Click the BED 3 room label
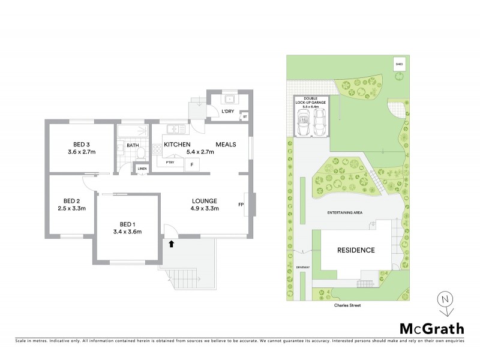[x=82, y=145]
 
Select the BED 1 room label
[x=127, y=223]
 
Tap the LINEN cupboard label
[x=142, y=169]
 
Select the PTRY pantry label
[x=170, y=162]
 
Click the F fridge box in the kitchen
[x=192, y=164]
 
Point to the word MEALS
[x=226, y=145]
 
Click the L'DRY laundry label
[x=227, y=112]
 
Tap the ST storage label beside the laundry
[x=245, y=116]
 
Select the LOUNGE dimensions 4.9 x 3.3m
[x=205, y=209]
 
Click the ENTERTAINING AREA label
[x=344, y=212]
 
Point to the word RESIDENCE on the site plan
[x=355, y=250]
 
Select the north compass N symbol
[x=444, y=299]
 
